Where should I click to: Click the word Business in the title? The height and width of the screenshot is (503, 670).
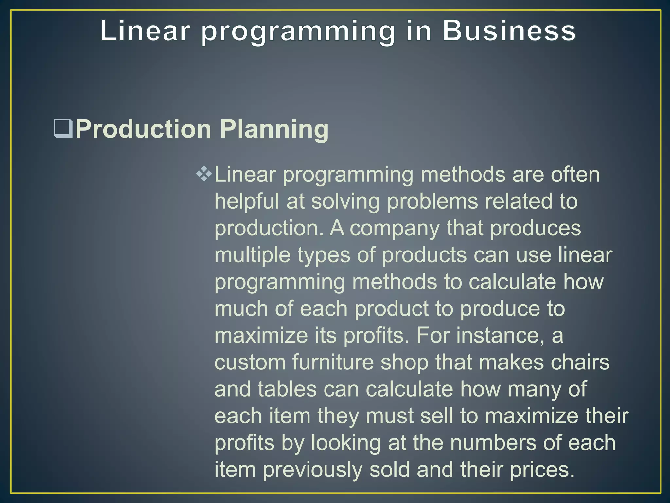tap(509, 31)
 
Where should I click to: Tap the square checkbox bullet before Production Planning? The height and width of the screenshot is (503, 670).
tap(62, 129)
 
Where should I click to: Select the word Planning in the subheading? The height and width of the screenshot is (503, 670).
tap(274, 129)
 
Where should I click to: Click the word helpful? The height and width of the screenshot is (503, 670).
tap(247, 201)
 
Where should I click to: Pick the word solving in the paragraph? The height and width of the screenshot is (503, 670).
tap(345, 202)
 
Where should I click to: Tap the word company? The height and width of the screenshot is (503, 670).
tap(395, 229)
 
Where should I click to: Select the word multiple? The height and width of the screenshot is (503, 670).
tap(252, 255)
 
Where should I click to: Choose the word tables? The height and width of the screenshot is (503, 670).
tap(287, 389)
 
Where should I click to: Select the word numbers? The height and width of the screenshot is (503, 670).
tap(493, 443)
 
